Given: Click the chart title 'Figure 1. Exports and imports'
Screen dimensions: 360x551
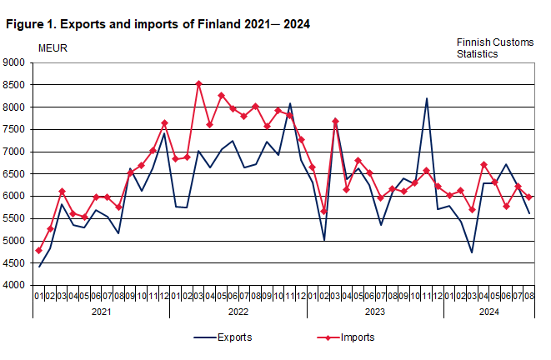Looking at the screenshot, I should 158,24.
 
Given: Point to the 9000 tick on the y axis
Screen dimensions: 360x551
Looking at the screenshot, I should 15,62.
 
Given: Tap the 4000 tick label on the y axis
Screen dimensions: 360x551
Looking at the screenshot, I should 15,286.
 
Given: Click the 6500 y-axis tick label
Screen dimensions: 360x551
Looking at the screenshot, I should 15,174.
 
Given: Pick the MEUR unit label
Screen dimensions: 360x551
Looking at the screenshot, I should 53,47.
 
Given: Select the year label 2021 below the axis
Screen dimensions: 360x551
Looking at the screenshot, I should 101,312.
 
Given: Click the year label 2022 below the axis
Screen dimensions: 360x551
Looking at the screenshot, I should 238,312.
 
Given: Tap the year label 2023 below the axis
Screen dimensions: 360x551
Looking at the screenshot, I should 374,312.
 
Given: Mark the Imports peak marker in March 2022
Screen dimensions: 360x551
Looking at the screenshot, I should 198,83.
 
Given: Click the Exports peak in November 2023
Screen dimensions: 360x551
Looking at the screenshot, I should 427,98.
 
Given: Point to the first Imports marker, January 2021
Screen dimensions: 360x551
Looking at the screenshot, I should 39,251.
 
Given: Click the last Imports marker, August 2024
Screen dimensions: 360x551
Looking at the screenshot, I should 528,197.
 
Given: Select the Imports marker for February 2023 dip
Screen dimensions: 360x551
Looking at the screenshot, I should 324,212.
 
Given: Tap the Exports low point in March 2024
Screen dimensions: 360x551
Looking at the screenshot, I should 472,252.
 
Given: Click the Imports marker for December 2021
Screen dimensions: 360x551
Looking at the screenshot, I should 164,123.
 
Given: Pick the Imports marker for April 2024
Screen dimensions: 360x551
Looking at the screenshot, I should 483,165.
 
